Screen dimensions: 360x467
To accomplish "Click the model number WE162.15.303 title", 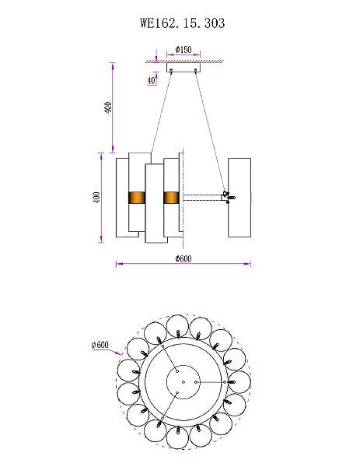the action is point(183,23).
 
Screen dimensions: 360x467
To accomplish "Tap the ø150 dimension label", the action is point(183,49).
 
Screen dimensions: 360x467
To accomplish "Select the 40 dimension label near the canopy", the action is point(151,80).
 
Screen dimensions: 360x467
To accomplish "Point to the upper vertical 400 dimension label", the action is point(108,107).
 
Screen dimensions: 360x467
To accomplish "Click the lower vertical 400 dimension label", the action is point(96,198).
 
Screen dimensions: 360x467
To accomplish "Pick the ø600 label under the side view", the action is point(183,258).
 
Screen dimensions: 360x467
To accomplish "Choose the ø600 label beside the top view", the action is point(100,345).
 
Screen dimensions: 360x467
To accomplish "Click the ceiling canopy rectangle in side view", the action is point(183,67).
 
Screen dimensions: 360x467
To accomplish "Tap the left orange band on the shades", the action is point(137,198).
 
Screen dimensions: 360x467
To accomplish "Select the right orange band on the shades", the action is point(171,198).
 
